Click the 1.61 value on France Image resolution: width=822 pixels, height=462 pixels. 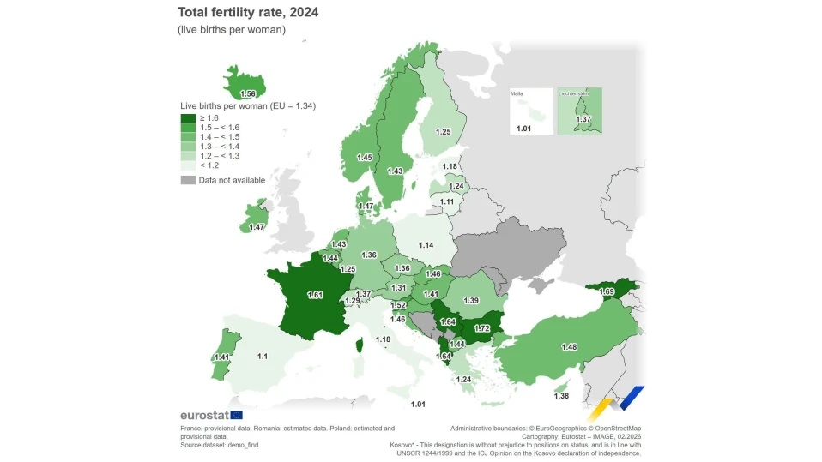(315, 295)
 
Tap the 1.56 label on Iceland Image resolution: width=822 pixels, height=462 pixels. (247, 93)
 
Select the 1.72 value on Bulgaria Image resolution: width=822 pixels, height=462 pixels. (481, 328)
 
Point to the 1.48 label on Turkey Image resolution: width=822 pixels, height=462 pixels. (570, 347)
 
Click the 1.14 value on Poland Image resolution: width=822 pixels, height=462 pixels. (426, 245)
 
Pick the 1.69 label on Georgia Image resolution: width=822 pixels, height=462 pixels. (607, 291)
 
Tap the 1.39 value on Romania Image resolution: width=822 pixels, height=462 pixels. (471, 301)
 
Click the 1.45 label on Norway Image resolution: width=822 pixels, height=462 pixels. (365, 157)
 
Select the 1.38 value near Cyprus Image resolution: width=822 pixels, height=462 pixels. (561, 396)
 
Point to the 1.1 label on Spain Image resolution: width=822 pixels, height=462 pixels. (262, 357)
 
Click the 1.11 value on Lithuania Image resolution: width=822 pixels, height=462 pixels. (447, 201)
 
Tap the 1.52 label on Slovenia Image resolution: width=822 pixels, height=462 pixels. (398, 305)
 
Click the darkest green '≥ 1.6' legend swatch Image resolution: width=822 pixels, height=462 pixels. (188, 118)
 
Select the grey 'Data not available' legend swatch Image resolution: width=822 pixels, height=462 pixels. (188, 180)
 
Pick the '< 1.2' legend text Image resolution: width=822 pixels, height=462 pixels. (209, 165)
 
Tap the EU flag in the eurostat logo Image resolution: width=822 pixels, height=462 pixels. (237, 416)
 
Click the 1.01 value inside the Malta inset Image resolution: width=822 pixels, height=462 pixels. (523, 129)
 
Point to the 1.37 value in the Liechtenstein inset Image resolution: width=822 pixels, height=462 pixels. (583, 119)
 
